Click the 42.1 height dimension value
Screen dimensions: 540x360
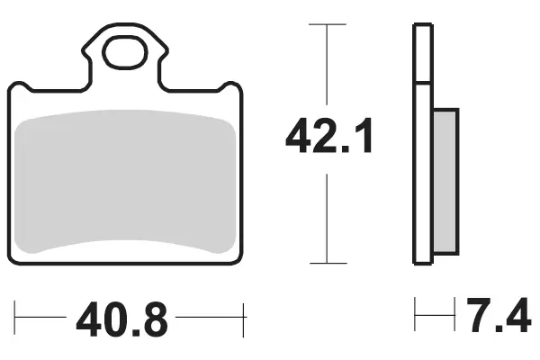click(328, 136)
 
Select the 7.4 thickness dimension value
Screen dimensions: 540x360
click(499, 315)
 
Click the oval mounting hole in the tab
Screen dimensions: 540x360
click(126, 52)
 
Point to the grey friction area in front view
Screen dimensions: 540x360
click(126, 181)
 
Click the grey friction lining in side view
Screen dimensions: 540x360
click(446, 181)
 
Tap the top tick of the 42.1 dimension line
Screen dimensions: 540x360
click(328, 24)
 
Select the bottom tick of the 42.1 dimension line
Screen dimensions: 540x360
click(328, 263)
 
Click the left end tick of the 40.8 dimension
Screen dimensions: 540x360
click(14, 318)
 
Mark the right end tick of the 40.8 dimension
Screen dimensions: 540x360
click(244, 320)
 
